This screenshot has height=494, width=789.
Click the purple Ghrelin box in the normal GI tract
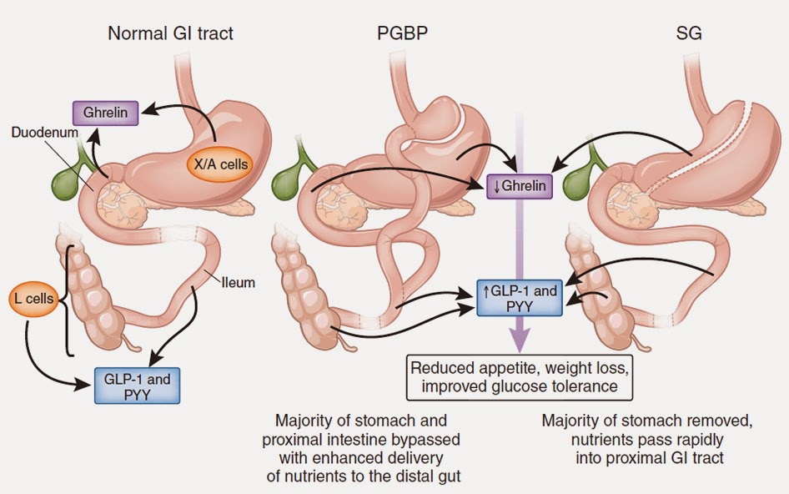(x=105, y=113)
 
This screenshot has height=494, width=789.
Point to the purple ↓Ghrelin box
(x=520, y=186)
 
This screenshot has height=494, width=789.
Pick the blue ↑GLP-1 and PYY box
(x=519, y=299)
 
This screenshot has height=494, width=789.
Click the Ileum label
(x=239, y=283)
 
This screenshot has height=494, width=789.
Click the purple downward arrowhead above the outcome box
(x=520, y=341)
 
